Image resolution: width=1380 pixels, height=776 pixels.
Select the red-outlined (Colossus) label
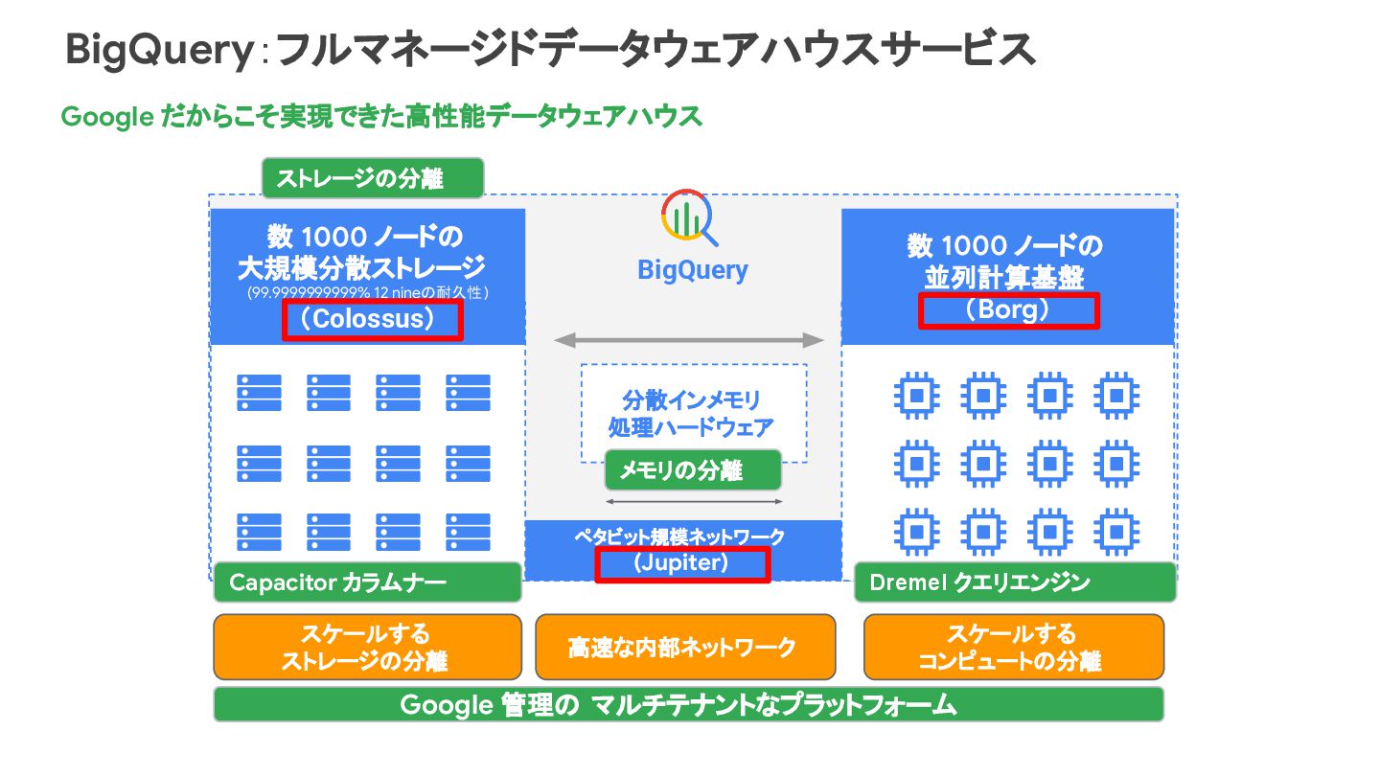pyautogui.click(x=373, y=320)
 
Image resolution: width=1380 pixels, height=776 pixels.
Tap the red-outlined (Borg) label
pyautogui.click(x=1008, y=310)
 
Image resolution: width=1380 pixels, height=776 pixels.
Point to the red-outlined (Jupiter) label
pyautogui.click(x=681, y=563)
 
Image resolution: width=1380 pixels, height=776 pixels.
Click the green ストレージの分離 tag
pyautogui.click(x=372, y=178)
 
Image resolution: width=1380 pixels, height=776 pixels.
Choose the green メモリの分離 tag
pyautogui.click(x=692, y=470)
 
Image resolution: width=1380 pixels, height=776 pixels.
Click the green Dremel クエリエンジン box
pyautogui.click(x=1014, y=582)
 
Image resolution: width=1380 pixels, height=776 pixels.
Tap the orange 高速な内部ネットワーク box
pyautogui.click(x=684, y=648)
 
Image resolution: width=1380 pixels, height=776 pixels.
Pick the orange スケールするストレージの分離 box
pyautogui.click(x=367, y=648)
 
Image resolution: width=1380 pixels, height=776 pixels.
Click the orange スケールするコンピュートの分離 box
pyautogui.click(x=1013, y=648)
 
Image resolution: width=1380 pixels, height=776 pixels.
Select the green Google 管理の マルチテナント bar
pyautogui.click(x=687, y=705)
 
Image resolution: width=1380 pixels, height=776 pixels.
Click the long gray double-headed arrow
pyautogui.click(x=689, y=340)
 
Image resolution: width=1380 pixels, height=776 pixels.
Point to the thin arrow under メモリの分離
pyautogui.click(x=694, y=501)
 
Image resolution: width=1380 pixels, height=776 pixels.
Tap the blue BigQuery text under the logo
pyautogui.click(x=692, y=270)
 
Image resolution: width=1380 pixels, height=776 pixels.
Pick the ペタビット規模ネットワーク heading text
pyautogui.click(x=679, y=536)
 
